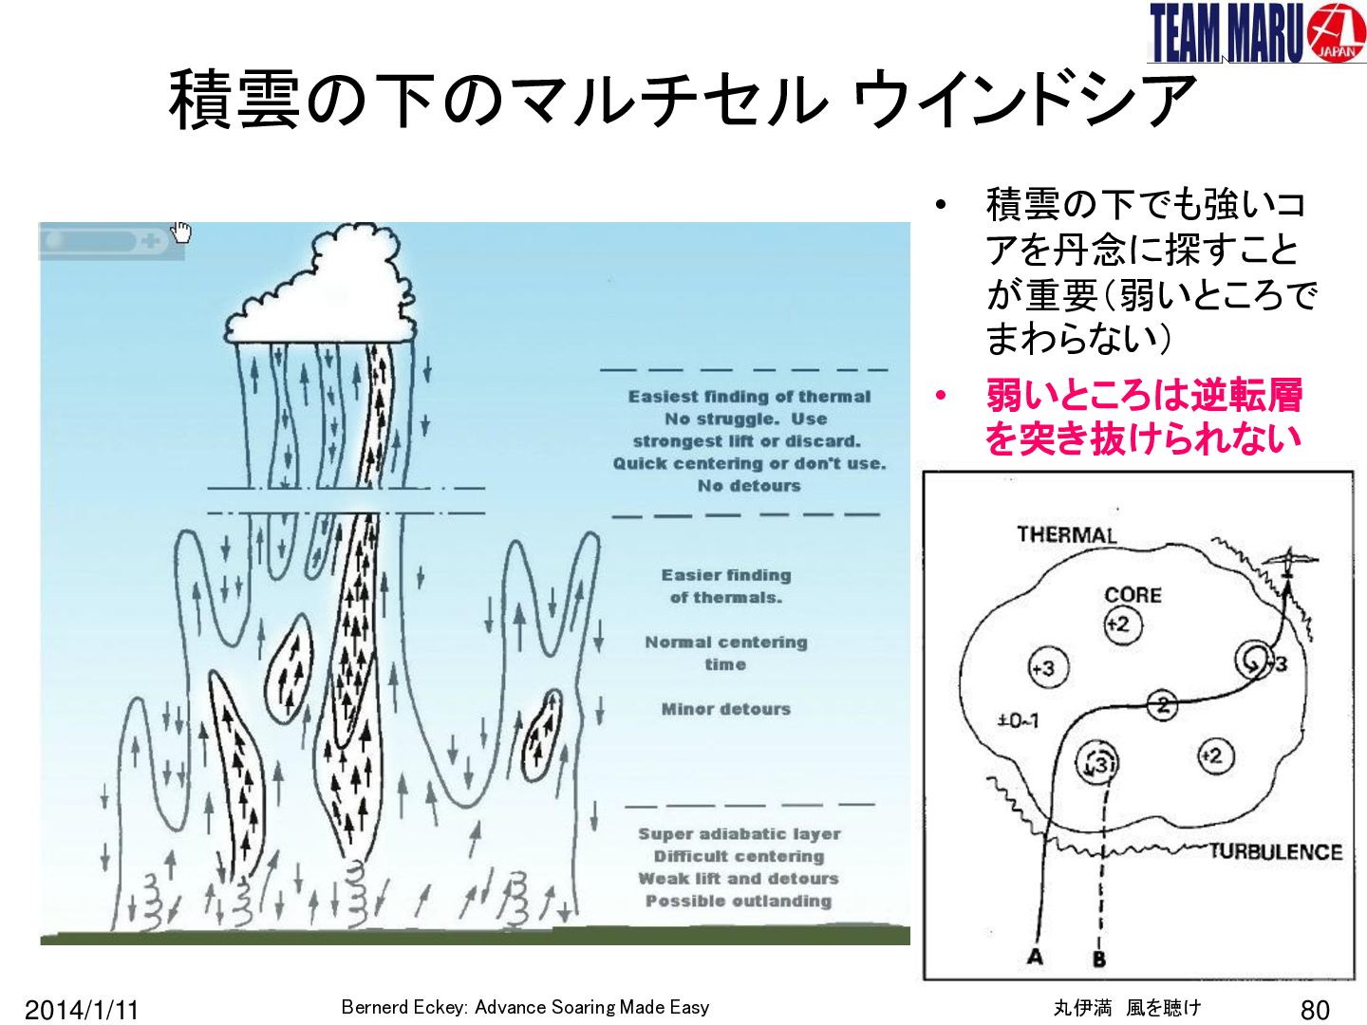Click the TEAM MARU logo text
1226,32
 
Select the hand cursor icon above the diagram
181,232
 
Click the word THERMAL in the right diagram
1067,534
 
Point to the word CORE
1133,595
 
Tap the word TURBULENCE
1276,851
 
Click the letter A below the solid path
1035,957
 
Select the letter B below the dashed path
1099,959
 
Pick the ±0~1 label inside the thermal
1018,721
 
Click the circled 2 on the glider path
1162,706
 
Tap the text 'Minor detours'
725,709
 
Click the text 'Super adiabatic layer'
740,834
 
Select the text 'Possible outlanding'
739,902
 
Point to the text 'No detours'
749,485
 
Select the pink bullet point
941,395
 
